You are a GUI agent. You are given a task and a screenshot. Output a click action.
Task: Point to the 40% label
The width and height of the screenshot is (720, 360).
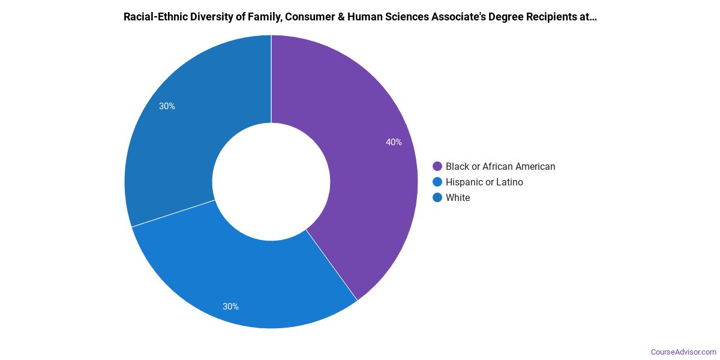click(394, 142)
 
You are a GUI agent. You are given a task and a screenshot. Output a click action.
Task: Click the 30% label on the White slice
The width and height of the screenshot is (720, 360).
click(167, 106)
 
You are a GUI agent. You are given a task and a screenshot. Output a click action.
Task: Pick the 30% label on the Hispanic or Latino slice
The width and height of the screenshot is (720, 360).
click(230, 307)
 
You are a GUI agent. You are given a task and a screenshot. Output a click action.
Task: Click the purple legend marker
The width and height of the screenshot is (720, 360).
click(437, 166)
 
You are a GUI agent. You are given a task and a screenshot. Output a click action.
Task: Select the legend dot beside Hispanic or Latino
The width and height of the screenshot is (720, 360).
click(437, 182)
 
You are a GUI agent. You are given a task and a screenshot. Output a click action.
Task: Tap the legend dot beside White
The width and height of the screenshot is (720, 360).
click(437, 197)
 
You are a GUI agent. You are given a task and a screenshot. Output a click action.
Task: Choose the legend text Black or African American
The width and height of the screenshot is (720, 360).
click(500, 166)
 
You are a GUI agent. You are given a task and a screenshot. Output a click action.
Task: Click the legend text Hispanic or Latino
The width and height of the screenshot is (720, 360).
click(484, 182)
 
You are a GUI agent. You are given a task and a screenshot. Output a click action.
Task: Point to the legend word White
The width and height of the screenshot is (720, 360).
click(458, 197)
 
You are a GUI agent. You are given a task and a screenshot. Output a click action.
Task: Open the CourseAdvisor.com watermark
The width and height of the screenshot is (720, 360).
click(683, 352)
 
